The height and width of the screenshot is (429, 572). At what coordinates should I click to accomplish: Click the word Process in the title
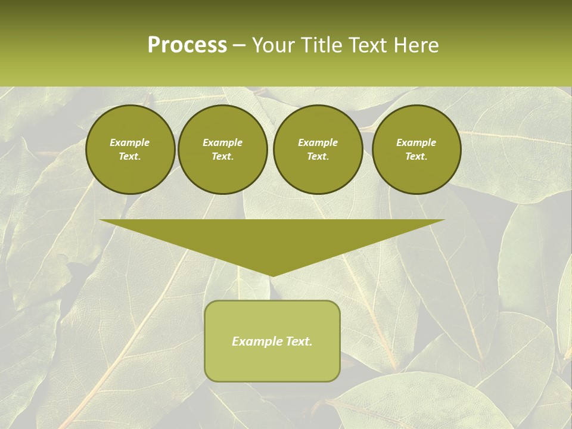coord(187,45)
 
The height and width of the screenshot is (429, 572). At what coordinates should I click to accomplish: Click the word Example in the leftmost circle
coord(130,142)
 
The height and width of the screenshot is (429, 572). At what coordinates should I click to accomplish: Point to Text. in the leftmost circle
coord(130,157)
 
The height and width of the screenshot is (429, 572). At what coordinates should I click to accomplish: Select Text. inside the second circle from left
coord(223,157)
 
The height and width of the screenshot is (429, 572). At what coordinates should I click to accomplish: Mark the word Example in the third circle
coord(318,142)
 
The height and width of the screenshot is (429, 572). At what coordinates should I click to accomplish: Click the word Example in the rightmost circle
coord(416,142)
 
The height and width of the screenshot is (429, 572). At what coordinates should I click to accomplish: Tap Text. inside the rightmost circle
coord(416,157)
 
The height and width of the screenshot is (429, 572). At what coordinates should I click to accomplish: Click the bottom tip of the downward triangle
coord(272,275)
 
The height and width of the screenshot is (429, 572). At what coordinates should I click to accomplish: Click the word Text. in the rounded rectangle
coord(300,341)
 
